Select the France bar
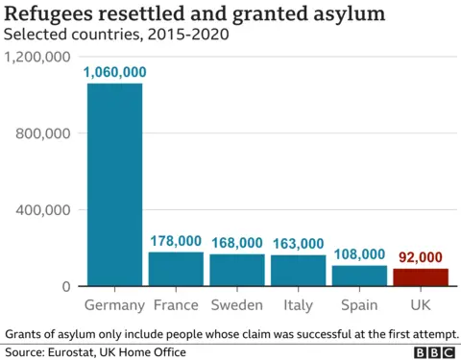(176, 269)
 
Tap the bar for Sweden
(236, 270)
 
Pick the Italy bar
(298, 271)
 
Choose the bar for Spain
(359, 276)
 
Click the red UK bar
(420, 277)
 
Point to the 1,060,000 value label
(115, 72)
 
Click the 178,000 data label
(176, 241)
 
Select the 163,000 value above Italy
(298, 244)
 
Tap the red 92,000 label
(420, 256)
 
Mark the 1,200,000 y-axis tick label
(38, 58)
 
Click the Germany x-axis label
(114, 305)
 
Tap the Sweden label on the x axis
(236, 305)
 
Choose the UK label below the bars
(420, 305)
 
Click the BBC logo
(434, 352)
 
